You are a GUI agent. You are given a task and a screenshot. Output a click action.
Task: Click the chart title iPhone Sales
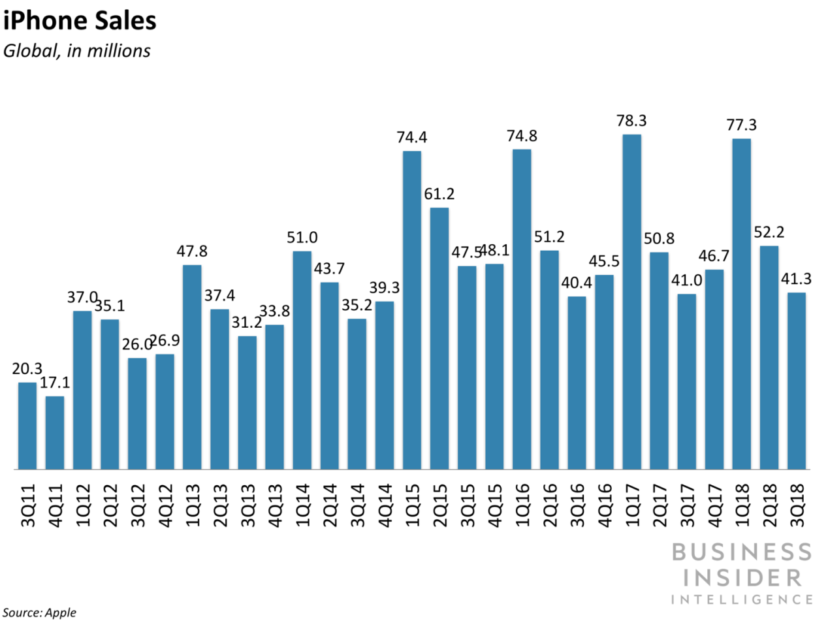pyautogui.click(x=79, y=21)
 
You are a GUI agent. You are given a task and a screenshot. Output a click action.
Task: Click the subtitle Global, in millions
pyautogui.click(x=77, y=51)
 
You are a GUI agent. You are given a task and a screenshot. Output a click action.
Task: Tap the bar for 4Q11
pyautogui.click(x=55, y=432)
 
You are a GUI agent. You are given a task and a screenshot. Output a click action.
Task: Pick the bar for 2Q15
pyautogui.click(x=439, y=338)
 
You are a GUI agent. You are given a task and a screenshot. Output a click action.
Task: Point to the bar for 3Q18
pyautogui.click(x=797, y=381)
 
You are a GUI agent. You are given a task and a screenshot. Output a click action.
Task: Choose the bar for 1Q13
pyautogui.click(x=192, y=367)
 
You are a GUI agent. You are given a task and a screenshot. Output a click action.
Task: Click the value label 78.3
pyautogui.click(x=631, y=121)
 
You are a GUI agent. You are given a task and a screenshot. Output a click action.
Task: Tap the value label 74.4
pyautogui.click(x=411, y=138)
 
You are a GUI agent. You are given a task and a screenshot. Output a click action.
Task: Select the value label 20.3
pyautogui.click(x=26, y=369)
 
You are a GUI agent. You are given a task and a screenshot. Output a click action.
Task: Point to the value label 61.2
pyautogui.click(x=439, y=194)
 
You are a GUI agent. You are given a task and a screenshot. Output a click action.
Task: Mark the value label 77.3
pyautogui.click(x=742, y=125)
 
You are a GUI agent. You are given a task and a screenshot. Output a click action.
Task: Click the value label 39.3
pyautogui.click(x=384, y=288)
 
